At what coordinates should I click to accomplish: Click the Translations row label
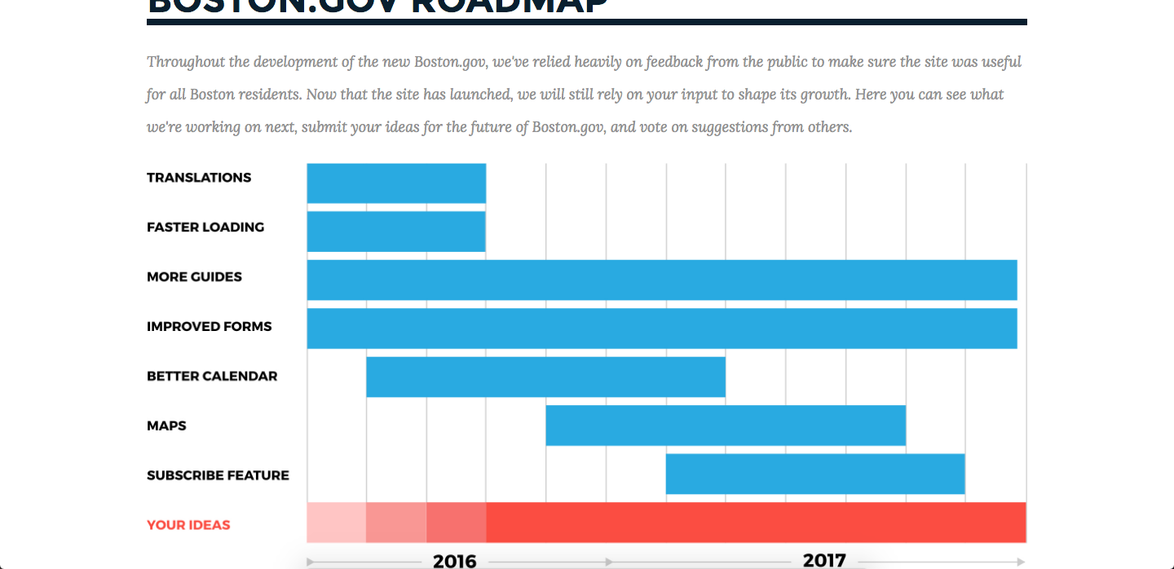[199, 178]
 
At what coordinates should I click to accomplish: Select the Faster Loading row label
[205, 227]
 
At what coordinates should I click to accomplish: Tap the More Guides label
[194, 277]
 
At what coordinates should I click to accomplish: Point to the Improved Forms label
[209, 327]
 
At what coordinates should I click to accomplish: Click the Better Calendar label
[212, 377]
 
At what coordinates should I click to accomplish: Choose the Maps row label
[166, 426]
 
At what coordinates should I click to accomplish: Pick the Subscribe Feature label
[218, 475]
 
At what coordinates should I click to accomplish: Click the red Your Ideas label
[188, 525]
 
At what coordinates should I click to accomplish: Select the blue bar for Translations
[396, 183]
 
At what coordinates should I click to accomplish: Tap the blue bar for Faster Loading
[396, 232]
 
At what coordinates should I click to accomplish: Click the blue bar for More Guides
[662, 280]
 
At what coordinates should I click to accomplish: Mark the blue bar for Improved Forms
[662, 329]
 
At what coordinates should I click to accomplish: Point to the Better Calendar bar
[545, 377]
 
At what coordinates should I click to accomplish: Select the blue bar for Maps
[726, 426]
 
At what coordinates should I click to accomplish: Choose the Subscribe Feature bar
[815, 474]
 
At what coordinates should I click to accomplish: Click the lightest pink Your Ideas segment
[336, 523]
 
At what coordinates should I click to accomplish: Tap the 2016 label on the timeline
[454, 561]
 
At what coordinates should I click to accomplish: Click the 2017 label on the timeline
[824, 560]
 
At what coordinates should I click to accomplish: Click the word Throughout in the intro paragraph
[187, 62]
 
